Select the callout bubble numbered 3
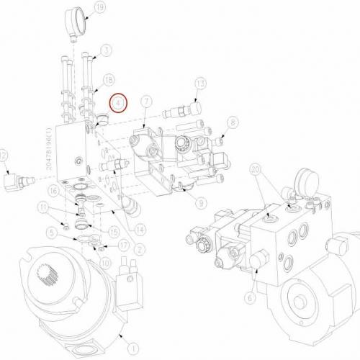[x=106, y=50]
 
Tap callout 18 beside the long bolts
[x=109, y=78]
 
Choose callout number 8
[x=233, y=123]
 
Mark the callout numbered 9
[x=201, y=203]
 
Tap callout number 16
[x=53, y=190]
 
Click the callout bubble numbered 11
[x=44, y=208]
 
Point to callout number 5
[x=53, y=232]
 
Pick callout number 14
[x=140, y=230]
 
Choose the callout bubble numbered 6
[x=251, y=295]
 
